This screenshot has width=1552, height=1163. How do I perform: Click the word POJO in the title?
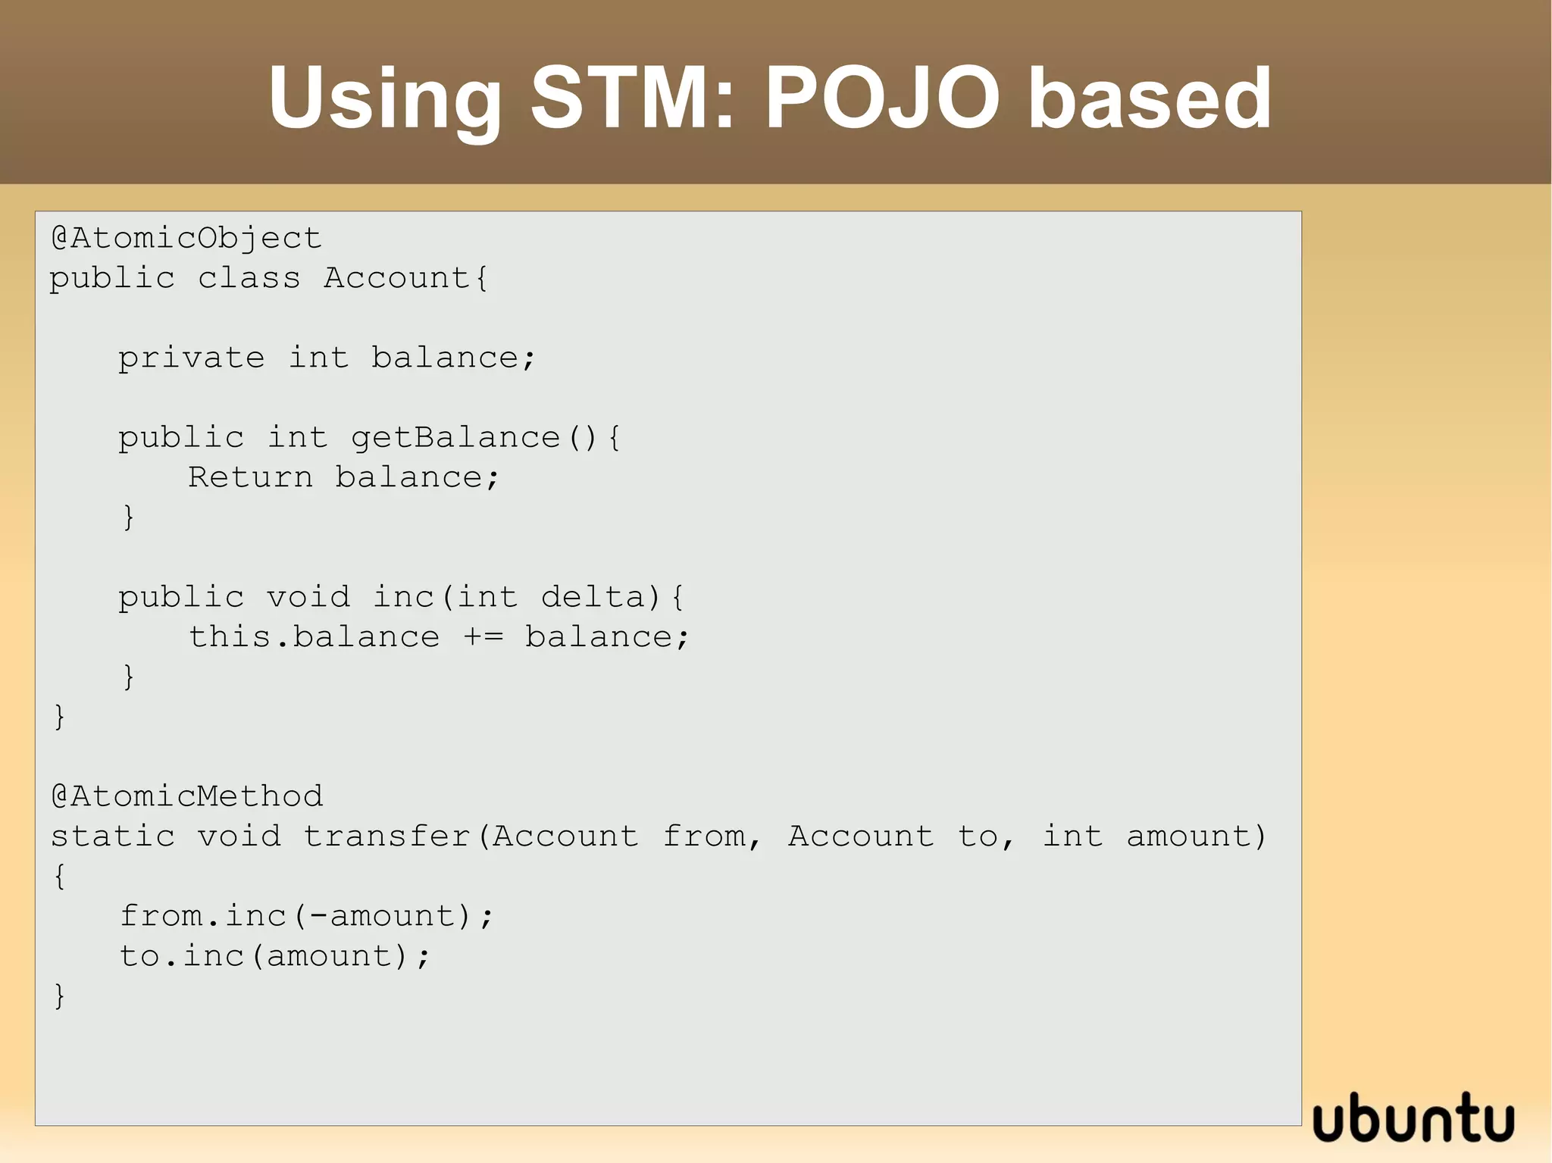coord(882,98)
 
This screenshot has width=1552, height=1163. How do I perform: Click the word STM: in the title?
coord(634,98)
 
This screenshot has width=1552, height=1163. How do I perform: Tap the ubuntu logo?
coord(1413,1119)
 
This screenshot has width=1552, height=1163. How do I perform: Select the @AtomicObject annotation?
coord(186,239)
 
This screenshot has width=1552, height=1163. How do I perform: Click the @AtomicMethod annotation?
coord(187,796)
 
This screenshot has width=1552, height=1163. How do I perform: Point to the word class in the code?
coord(249,278)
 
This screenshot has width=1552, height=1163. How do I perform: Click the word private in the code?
coord(192,358)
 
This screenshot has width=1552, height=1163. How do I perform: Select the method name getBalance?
coord(455,438)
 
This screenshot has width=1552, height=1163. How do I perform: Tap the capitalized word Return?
coord(250,477)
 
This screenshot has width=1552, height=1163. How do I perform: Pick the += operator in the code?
coord(483,637)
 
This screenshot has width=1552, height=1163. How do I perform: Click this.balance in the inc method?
coord(314,637)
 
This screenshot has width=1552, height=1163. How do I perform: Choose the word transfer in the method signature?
coord(387,836)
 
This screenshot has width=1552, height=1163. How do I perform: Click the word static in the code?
coord(113,836)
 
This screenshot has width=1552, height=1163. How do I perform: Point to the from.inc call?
coord(203,916)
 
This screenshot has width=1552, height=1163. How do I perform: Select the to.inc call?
coord(182,956)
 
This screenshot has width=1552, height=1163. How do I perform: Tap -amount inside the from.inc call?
coord(382,916)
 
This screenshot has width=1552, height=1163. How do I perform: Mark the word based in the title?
coord(1149,98)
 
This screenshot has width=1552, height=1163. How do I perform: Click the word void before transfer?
coord(239,836)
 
